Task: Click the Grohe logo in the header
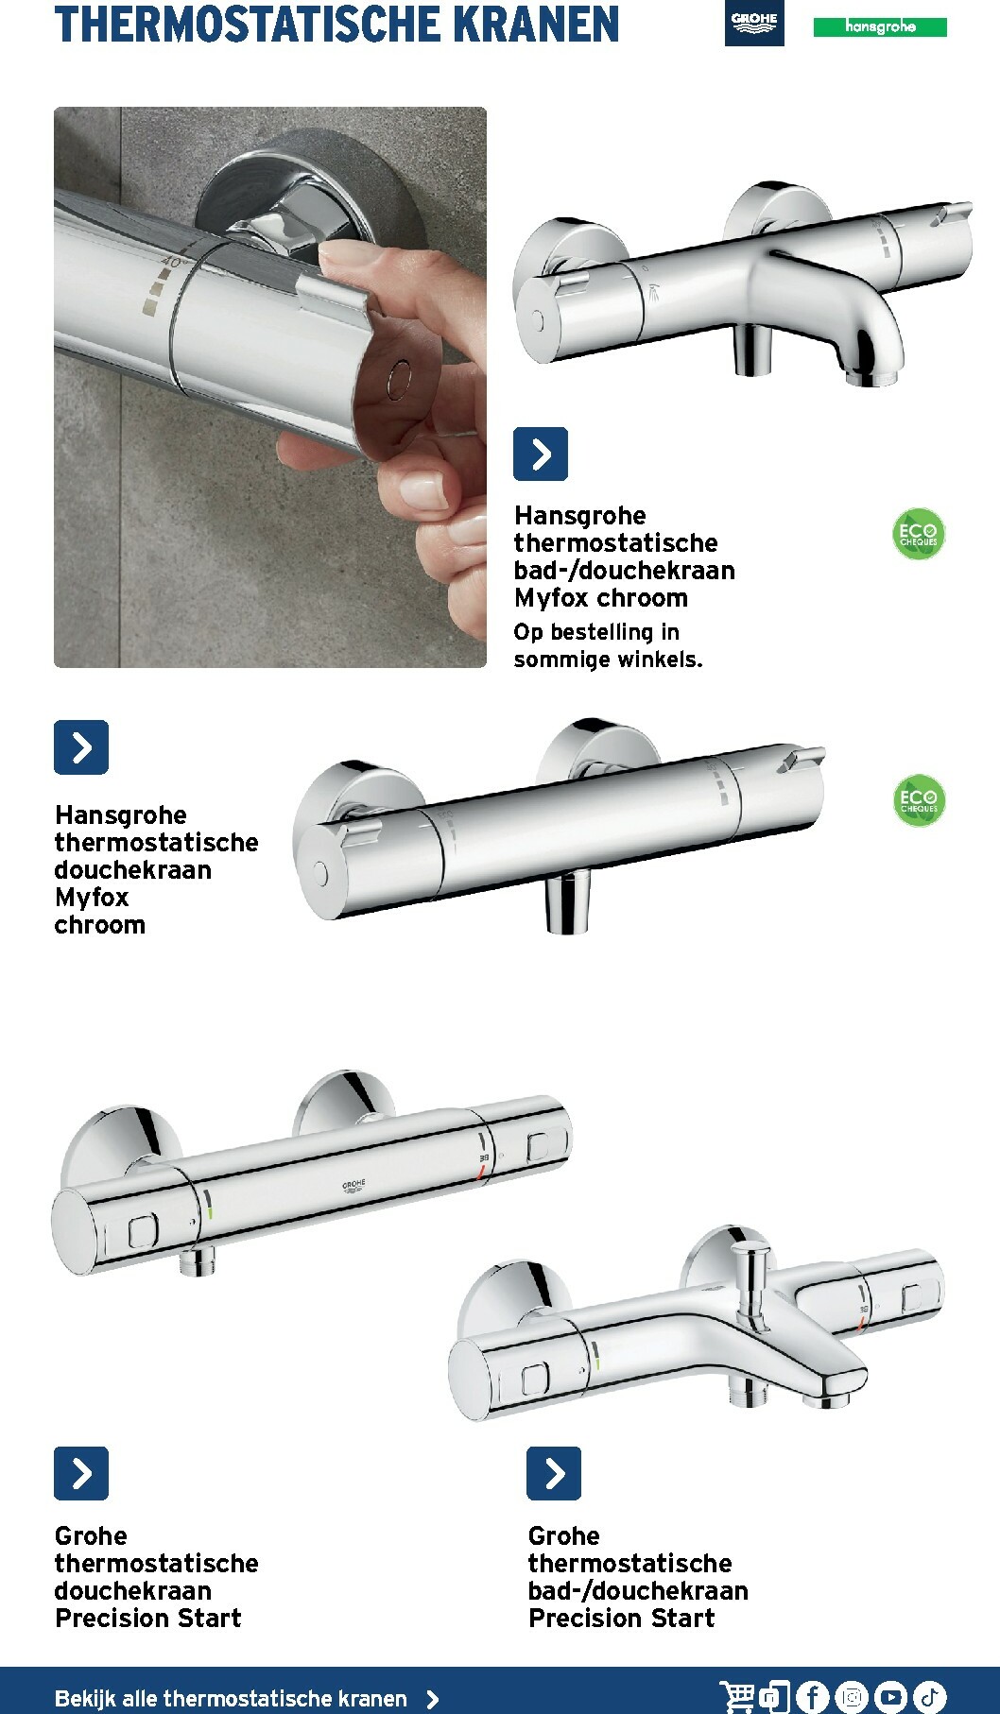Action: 753,23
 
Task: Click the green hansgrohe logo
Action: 879,27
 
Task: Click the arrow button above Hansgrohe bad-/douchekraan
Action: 540,454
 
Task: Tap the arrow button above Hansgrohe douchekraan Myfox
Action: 81,747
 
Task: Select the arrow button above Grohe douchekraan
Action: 81,1473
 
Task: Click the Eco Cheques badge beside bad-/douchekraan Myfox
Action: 918,535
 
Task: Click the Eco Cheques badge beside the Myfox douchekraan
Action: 918,801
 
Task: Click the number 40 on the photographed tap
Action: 170,263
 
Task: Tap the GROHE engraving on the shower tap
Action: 353,1185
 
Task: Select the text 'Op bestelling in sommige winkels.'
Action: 608,645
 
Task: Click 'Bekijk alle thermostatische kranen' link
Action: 231,1698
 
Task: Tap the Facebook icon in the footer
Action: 812,1697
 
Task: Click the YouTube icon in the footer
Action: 890,1697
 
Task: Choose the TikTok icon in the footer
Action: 929,1697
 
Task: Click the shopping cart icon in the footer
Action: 736,1697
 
